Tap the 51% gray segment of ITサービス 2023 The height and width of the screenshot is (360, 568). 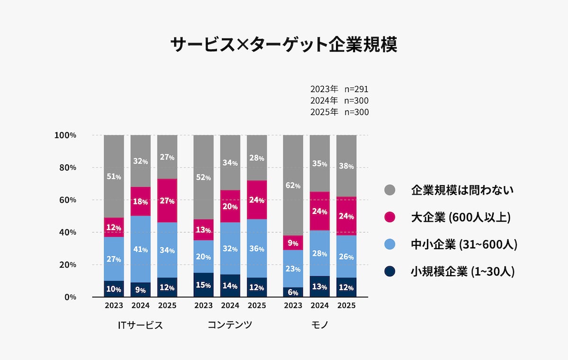point(114,176)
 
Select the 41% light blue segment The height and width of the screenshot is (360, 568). point(141,249)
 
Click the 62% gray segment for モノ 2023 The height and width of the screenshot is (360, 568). point(293,185)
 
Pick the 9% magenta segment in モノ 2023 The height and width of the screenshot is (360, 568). point(293,243)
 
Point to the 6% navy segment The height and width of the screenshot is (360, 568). point(293,292)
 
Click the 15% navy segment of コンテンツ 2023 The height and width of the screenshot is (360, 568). point(204,285)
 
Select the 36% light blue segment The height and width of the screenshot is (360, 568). point(257,248)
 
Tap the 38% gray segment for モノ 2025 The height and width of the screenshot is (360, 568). point(346,166)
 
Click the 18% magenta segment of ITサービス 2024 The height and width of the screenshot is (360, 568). point(141,201)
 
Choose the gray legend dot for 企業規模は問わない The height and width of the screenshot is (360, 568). point(389,190)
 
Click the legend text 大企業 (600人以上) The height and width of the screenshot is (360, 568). point(461,217)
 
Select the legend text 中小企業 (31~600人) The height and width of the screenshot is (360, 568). point(464,244)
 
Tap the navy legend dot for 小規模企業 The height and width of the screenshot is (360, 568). point(389,272)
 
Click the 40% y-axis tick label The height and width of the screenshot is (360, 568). point(68,232)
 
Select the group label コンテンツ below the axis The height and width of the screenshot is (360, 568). point(230,325)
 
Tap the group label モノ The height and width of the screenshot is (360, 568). point(319,325)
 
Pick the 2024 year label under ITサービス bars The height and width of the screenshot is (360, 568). point(141,306)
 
